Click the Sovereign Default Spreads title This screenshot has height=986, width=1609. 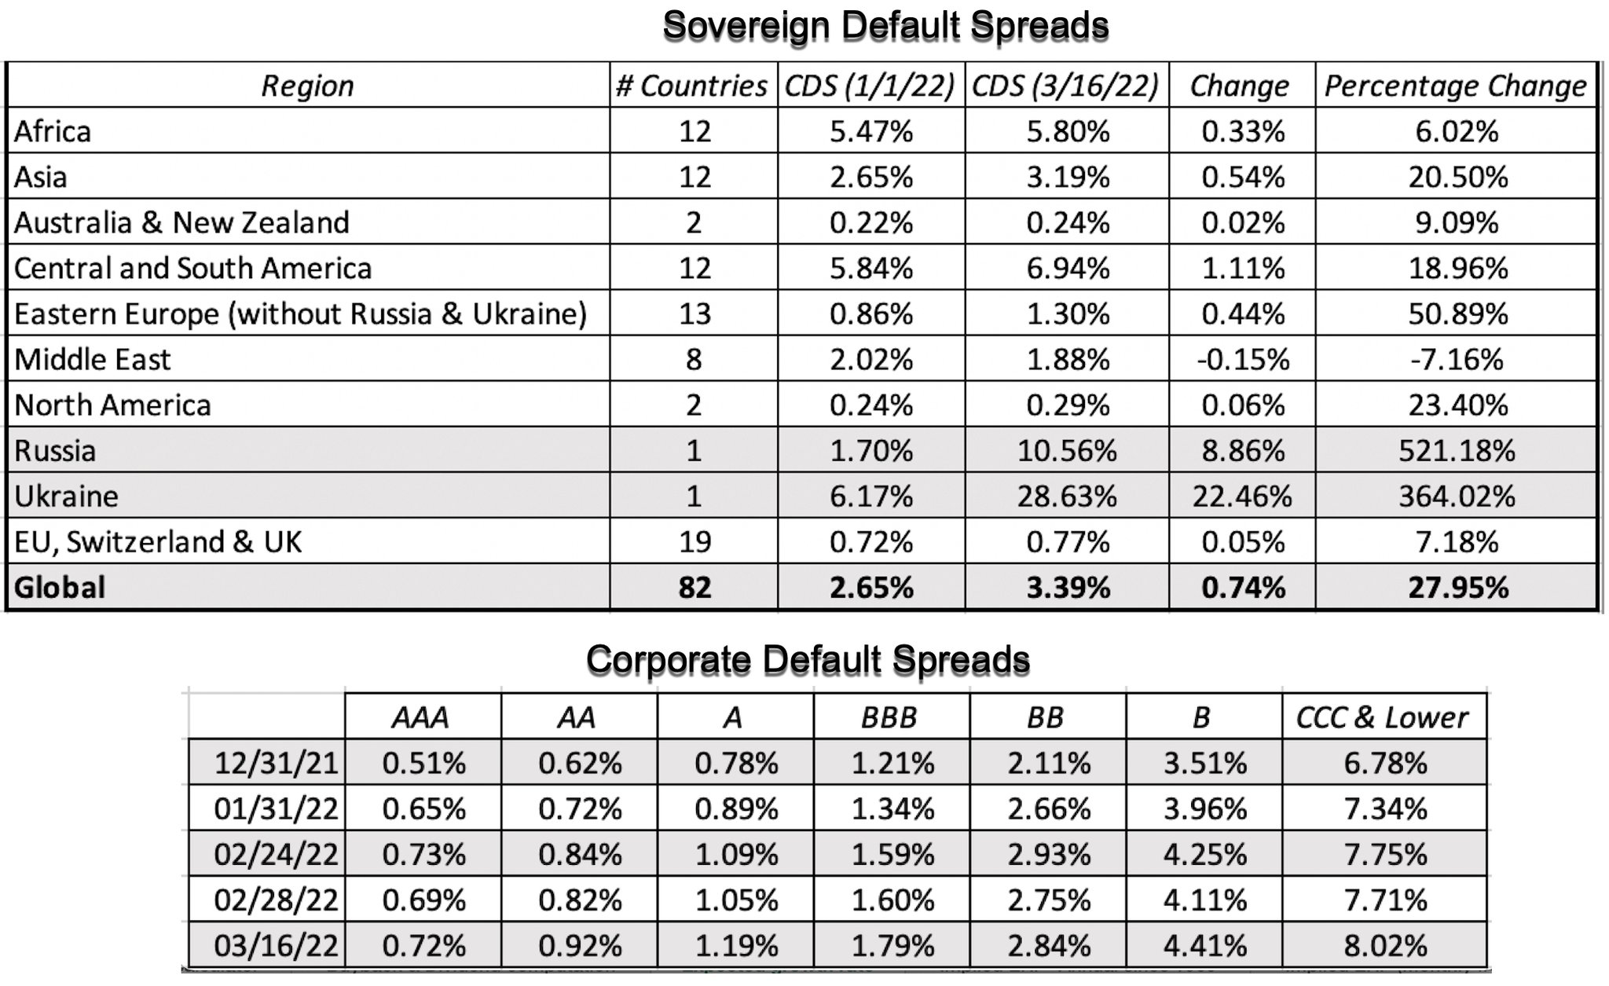click(x=885, y=26)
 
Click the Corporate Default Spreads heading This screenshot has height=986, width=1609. click(x=808, y=659)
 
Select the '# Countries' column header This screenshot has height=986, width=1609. click(x=691, y=86)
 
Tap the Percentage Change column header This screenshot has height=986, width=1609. click(x=1455, y=86)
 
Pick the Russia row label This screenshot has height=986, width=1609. click(x=55, y=451)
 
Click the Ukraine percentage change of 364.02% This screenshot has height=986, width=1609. click(x=1456, y=497)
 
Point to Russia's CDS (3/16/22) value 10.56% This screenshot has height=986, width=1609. click(x=1067, y=451)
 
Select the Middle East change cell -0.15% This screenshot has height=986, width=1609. click(x=1242, y=360)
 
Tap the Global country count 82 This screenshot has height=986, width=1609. click(x=695, y=588)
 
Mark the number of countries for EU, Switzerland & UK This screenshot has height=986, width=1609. click(x=695, y=542)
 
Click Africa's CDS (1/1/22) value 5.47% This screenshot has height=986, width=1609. click(x=871, y=131)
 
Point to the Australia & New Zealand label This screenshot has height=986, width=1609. click(x=181, y=223)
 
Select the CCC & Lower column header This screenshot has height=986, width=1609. click(x=1382, y=717)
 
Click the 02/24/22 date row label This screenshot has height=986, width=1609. click(x=276, y=855)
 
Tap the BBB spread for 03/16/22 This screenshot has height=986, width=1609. click(x=892, y=946)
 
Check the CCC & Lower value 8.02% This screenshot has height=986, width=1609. click(x=1385, y=946)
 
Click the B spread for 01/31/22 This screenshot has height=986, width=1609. click(x=1204, y=809)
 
